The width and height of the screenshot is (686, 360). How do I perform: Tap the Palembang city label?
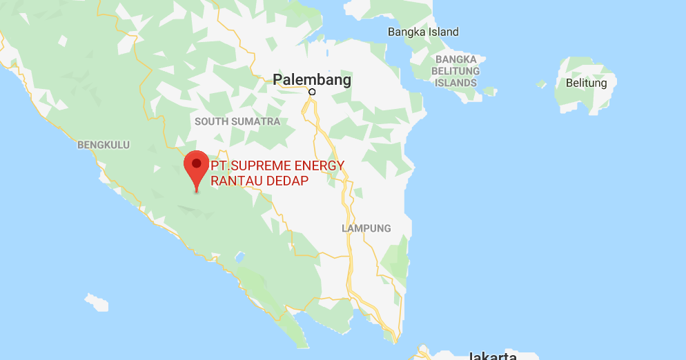coord(312,79)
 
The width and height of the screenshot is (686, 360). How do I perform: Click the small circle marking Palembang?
coord(312,92)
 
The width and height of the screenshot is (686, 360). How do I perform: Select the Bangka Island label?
coord(423,32)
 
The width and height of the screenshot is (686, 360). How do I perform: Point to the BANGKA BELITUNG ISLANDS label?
coord(456,71)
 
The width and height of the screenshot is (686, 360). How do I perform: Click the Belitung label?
coord(586,83)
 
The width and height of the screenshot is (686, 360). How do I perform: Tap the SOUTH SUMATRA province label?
coord(237,121)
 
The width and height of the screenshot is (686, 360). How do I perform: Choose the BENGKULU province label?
coord(104,145)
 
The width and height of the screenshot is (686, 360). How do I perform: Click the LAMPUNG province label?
coord(366,228)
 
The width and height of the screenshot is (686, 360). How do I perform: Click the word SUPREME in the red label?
coord(264,166)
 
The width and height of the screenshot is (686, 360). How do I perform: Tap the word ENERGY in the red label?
coord(319,166)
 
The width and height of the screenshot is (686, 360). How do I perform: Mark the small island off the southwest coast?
coord(97,302)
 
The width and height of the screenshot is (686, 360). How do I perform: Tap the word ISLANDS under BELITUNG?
coord(456,83)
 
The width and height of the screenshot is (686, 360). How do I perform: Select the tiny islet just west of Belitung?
coord(542,84)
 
